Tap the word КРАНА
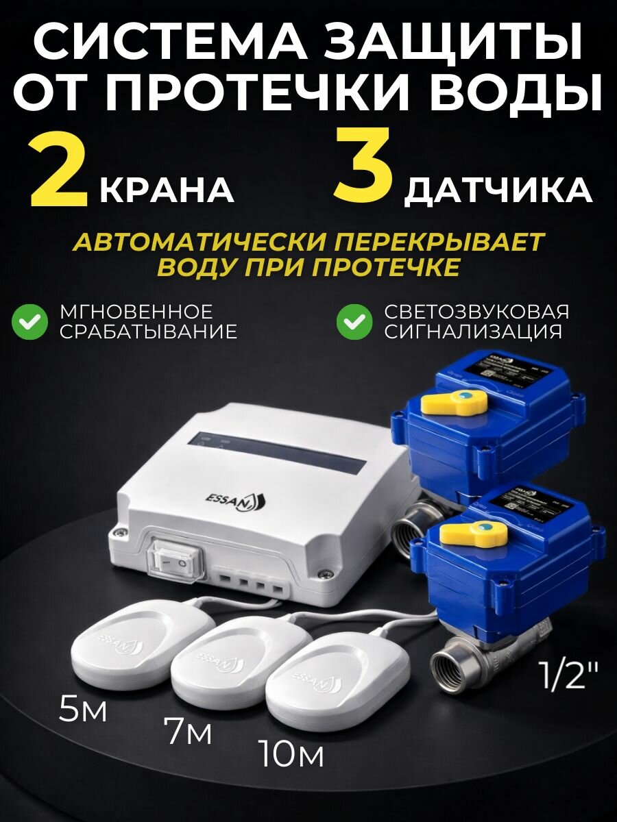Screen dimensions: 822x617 tap(167, 190)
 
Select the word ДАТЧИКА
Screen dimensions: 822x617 tap(498, 190)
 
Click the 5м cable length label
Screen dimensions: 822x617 tap(83, 710)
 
